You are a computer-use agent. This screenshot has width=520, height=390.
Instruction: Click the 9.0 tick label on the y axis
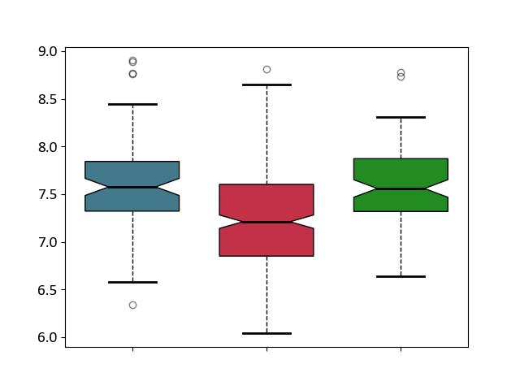click(47, 52)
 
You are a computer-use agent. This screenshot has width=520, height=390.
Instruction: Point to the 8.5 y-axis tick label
click(47, 99)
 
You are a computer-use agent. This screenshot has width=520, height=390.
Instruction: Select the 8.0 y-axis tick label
click(47, 147)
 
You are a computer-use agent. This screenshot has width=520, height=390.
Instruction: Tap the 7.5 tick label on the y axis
click(47, 195)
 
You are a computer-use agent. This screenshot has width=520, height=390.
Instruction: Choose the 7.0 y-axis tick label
click(47, 242)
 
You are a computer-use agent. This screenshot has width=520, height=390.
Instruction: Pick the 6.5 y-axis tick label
click(47, 290)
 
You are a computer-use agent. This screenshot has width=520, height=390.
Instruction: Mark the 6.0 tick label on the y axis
click(47, 338)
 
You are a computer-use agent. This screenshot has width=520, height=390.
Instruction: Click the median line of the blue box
click(132, 188)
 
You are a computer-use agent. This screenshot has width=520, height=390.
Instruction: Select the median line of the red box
click(266, 222)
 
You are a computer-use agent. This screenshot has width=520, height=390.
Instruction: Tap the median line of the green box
click(401, 188)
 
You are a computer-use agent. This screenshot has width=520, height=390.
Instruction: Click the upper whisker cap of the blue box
click(132, 105)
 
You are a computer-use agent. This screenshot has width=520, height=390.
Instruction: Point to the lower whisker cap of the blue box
click(132, 282)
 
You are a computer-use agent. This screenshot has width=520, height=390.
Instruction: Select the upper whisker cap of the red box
click(266, 84)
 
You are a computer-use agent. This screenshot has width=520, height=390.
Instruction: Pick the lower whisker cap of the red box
click(266, 333)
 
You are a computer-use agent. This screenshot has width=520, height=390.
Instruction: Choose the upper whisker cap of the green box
click(401, 117)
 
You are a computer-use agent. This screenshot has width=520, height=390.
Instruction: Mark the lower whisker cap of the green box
click(401, 276)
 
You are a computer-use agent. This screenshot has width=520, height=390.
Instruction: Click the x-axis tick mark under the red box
click(266, 349)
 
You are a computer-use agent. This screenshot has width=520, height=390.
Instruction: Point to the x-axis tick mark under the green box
click(401, 349)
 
